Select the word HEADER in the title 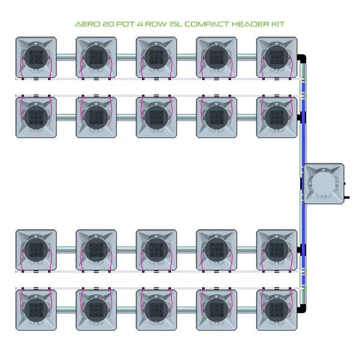pyautogui.click(x=245, y=25)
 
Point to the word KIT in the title pyautogui.click(x=276, y=25)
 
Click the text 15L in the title pyautogui.click(x=170, y=25)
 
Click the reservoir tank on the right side pyautogui.click(x=324, y=183)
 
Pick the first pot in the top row pyautogui.click(x=36, y=58)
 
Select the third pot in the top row pyautogui.click(x=156, y=58)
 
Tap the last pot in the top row pyautogui.click(x=277, y=58)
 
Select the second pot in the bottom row pyautogui.click(x=96, y=309)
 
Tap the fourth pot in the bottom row pyautogui.click(x=216, y=309)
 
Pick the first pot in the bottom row pyautogui.click(x=36, y=309)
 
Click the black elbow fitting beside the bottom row pyautogui.click(x=304, y=308)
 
